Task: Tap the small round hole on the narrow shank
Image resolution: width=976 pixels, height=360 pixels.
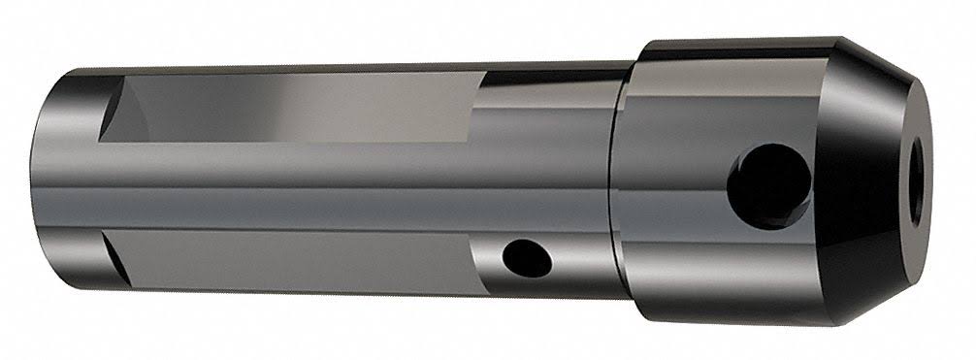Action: point(524,257)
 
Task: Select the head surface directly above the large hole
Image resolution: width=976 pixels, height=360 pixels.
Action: point(766,107)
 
